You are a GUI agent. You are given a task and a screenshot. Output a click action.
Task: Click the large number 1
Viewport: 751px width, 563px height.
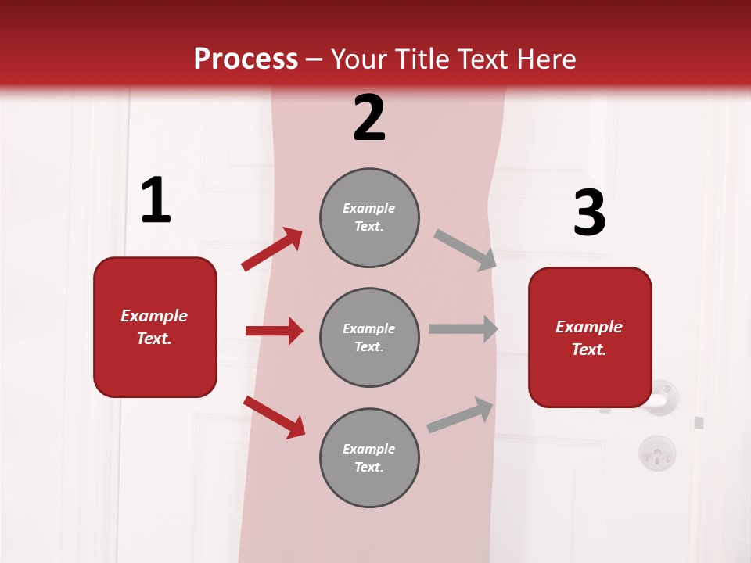click(156, 201)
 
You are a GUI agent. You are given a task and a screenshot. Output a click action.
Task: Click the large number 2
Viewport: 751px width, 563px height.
click(369, 118)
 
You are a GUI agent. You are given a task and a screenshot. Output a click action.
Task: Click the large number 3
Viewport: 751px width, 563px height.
click(589, 213)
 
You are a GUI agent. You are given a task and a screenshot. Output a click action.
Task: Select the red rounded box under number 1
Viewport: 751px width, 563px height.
click(155, 327)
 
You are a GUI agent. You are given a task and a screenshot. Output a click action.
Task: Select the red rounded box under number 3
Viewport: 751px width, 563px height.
click(590, 338)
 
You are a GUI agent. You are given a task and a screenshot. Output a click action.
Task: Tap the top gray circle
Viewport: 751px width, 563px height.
click(369, 217)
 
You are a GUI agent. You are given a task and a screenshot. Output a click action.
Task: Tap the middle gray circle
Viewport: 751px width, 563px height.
click(369, 337)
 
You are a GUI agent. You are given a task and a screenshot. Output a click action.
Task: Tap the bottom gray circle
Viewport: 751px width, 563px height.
click(369, 457)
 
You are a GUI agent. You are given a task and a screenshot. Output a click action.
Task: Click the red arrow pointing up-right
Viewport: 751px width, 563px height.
click(272, 249)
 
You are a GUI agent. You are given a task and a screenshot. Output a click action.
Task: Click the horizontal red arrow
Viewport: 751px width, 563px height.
click(274, 331)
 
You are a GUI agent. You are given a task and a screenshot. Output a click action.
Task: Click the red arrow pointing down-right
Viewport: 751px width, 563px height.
click(274, 416)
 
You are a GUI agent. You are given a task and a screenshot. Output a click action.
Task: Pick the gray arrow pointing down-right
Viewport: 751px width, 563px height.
click(465, 250)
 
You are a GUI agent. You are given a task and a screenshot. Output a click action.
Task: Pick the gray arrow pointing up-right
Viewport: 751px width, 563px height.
click(460, 415)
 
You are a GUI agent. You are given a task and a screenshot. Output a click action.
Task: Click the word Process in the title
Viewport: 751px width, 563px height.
click(246, 59)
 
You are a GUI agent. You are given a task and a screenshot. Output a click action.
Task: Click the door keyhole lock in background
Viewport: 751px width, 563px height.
click(657, 452)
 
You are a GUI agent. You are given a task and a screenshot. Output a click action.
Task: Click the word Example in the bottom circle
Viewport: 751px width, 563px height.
click(369, 449)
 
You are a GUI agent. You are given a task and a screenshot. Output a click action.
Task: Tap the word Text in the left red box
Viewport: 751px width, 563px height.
click(153, 339)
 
